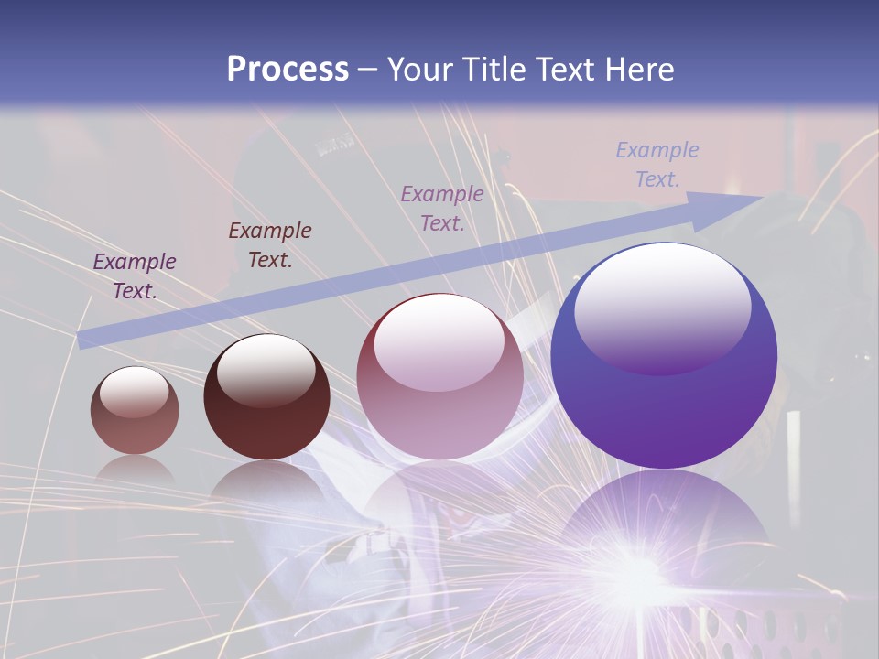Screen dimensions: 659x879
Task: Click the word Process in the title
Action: click(288, 70)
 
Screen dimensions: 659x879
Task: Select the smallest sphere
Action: click(135, 410)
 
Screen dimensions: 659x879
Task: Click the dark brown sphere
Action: click(266, 396)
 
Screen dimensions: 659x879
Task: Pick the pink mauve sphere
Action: click(439, 376)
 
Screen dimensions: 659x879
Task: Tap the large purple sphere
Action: click(664, 355)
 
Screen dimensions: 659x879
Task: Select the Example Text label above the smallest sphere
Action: click(135, 275)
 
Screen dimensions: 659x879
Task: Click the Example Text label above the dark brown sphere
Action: click(270, 244)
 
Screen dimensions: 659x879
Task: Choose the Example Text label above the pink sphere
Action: click(442, 208)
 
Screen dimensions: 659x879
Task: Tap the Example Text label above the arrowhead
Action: click(657, 164)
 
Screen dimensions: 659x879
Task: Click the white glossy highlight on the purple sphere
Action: click(662, 307)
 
